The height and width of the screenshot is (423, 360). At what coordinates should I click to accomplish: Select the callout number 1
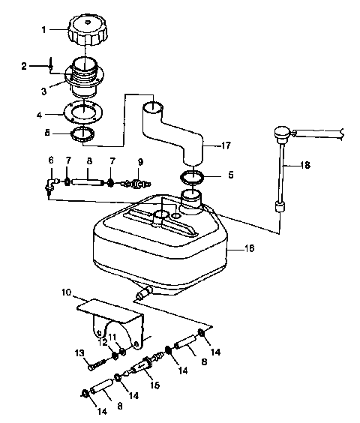click(x=43, y=29)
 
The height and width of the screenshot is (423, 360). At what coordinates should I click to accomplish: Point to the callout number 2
click(x=24, y=67)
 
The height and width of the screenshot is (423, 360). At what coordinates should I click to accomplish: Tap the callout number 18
click(x=305, y=164)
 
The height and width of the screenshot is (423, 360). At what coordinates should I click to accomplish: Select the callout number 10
click(x=65, y=291)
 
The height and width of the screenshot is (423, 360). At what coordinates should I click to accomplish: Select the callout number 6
click(x=51, y=160)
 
